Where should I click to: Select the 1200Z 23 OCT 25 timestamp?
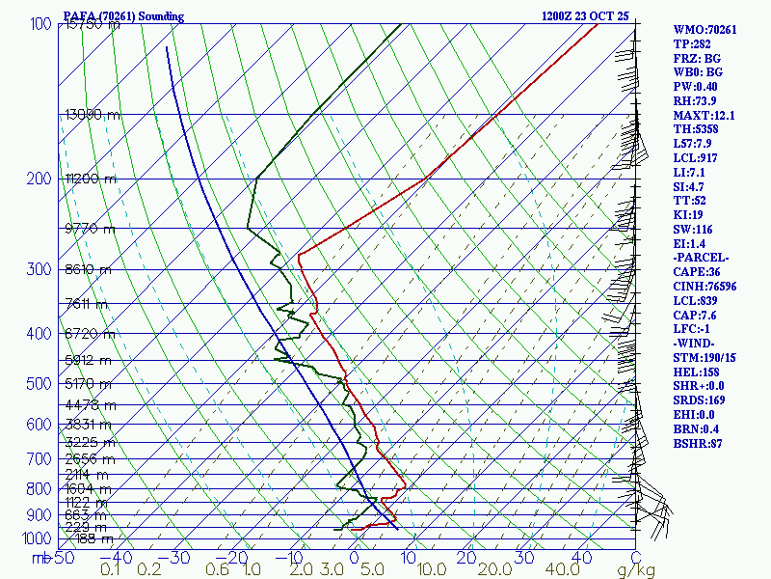586,16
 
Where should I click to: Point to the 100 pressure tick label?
40,23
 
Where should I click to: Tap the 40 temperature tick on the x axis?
580,558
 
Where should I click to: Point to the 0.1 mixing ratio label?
112,570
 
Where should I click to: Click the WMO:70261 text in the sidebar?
705,30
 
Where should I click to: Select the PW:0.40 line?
694,87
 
